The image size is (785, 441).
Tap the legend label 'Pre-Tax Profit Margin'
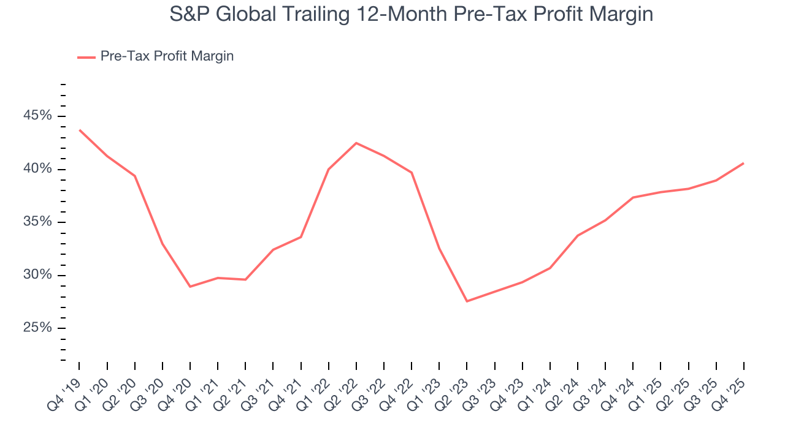[167, 56]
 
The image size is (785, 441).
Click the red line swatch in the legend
[86, 57]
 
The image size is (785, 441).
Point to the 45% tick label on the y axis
[38, 116]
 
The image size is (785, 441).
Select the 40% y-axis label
[38, 169]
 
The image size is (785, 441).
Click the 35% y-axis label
[38, 222]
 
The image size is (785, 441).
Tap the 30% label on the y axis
[38, 275]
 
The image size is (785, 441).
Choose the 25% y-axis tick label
[38, 328]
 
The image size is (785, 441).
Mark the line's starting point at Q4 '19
[80, 130]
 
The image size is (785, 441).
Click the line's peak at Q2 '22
[356, 143]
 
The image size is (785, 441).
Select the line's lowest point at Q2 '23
[467, 301]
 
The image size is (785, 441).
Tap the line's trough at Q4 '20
[190, 287]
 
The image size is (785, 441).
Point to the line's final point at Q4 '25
[744, 163]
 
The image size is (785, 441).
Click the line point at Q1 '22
[329, 169]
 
